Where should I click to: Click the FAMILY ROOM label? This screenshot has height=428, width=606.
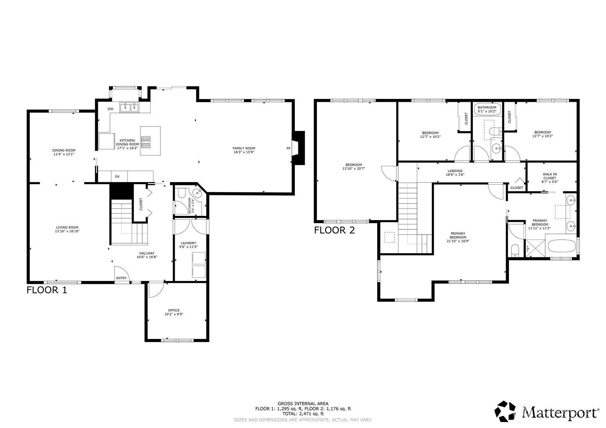244,148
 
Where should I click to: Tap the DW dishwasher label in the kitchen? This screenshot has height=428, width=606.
110,109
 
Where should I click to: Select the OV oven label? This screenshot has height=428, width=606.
117,176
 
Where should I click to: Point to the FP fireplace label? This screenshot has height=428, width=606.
288,148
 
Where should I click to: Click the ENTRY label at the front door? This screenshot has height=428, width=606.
121,278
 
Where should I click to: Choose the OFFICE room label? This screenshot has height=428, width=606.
174,310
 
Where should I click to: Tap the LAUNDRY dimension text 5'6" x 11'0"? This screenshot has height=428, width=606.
188,247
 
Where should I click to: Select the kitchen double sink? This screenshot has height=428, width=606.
129,107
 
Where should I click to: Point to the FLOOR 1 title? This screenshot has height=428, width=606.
46,290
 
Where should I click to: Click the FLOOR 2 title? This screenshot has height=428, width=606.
334,230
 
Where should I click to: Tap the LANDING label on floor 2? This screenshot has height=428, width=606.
455,171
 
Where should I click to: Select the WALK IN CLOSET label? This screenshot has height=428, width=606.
550,176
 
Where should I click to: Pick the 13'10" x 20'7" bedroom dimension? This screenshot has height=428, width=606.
354,168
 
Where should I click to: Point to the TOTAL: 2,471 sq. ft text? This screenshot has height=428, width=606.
303,413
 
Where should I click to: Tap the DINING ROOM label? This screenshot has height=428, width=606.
64,150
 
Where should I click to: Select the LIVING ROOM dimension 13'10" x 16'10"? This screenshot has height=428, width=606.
67,231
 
